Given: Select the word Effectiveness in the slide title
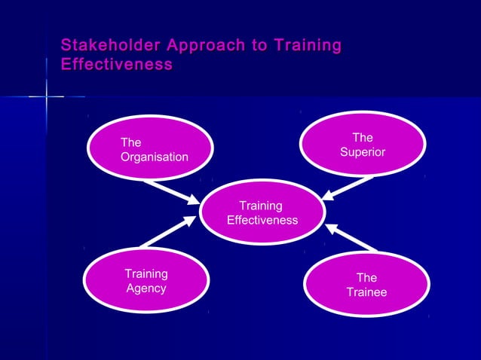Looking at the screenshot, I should click(x=116, y=65).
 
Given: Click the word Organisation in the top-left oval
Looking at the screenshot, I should click(x=155, y=157).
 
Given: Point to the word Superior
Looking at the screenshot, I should click(x=363, y=152).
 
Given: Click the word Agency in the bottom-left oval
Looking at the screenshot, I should click(x=146, y=288).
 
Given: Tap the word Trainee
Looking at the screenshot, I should click(x=366, y=292).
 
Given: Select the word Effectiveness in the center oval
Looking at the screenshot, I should click(x=262, y=220).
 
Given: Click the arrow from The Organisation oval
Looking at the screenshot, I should click(x=171, y=191).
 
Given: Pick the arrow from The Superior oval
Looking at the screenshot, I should click(x=348, y=188).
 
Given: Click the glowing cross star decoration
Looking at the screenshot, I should click(x=46, y=96).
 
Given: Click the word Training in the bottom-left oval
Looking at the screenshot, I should click(x=146, y=274).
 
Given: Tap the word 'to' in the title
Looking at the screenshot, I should click(x=260, y=46).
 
